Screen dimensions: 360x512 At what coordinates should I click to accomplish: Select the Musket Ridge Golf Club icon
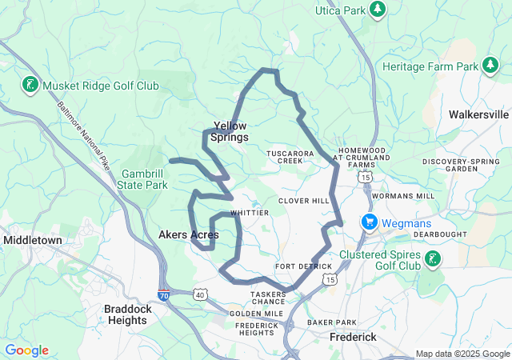pos(30,84)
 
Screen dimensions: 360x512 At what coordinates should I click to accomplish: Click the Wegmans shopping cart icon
pos(369,221)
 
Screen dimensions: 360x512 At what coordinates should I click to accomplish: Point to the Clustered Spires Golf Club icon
pos(432,258)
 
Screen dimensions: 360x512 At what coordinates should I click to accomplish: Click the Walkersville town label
pos(478,114)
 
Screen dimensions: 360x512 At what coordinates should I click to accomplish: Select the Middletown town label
pos(32,239)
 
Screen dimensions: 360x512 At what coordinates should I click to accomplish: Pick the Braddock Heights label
pos(126,314)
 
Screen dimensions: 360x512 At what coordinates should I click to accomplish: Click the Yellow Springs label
pos(229,131)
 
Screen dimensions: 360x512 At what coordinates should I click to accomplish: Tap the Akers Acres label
pos(189,234)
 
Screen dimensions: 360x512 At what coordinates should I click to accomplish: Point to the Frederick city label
pos(353,337)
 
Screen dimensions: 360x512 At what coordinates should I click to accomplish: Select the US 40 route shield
pos(199,295)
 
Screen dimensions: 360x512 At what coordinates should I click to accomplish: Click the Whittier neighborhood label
pos(244,213)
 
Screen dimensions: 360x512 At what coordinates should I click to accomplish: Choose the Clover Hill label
pos(303,201)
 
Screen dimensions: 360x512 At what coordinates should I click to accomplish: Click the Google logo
pos(26,350)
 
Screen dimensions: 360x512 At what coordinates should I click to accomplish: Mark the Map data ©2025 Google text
pos(462,354)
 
